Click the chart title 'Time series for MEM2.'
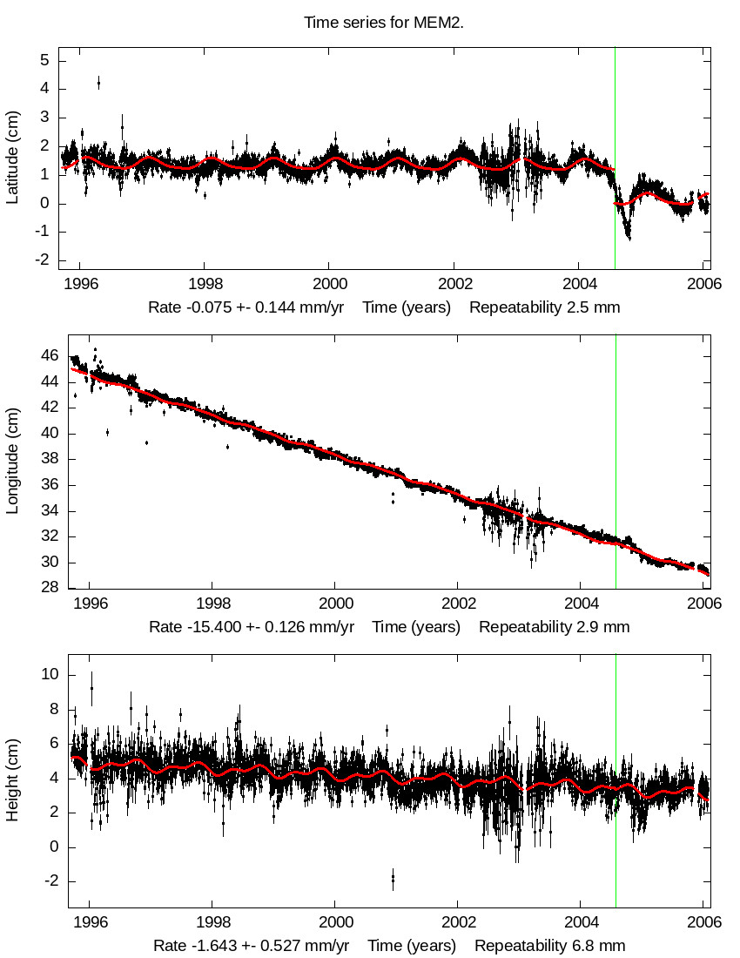383,23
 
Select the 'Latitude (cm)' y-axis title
12,157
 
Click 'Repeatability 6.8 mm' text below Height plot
549,945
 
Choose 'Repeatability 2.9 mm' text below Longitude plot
554,626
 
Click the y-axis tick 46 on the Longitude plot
50,356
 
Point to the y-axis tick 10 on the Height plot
50,675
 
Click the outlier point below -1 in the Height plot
393,879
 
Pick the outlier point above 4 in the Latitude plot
98,83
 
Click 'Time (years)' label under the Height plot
411,945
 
